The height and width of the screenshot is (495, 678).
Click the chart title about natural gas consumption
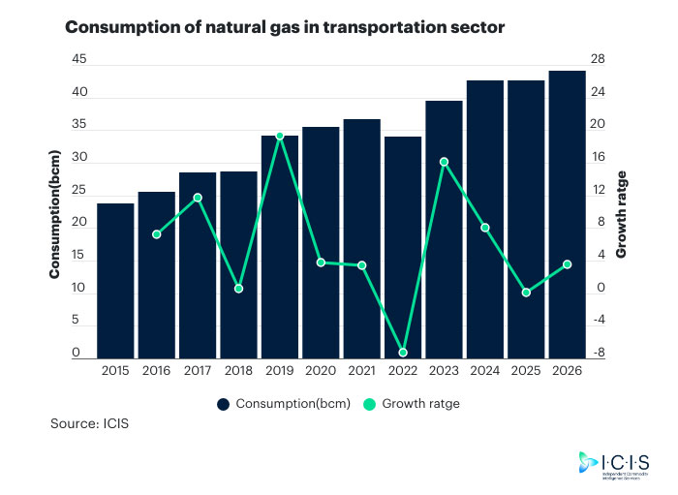[x=285, y=27]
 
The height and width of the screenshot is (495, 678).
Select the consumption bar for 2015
[x=115, y=281]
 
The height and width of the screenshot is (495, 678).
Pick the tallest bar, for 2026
[x=567, y=213]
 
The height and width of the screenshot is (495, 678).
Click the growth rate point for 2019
[x=280, y=137]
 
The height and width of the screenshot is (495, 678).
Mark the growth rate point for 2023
[x=444, y=162]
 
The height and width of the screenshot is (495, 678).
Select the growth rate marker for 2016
[x=157, y=234]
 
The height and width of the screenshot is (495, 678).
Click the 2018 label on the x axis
[x=238, y=371]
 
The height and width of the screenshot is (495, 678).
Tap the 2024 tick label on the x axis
[x=484, y=371]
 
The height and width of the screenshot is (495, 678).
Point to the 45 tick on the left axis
[x=79, y=60]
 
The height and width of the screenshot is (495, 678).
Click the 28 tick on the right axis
[x=599, y=60]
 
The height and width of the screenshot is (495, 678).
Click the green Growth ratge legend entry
[x=411, y=404]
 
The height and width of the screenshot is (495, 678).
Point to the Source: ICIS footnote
[x=89, y=424]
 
